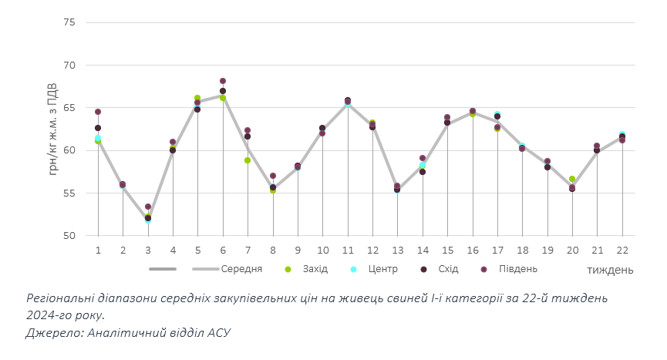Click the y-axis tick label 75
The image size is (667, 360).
(x=69, y=22)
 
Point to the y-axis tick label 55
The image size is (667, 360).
(x=69, y=193)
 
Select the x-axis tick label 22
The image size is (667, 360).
(x=622, y=251)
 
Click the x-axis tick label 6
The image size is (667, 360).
(x=223, y=251)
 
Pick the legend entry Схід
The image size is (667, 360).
(x=448, y=269)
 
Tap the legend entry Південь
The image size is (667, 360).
(x=518, y=269)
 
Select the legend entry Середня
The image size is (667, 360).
(x=241, y=269)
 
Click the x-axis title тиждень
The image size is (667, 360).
(x=610, y=270)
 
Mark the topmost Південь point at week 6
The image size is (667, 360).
(x=223, y=81)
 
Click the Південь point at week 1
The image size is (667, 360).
(x=98, y=112)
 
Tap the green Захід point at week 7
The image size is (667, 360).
(x=248, y=160)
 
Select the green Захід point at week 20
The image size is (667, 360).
(x=572, y=179)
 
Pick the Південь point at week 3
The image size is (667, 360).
(x=148, y=207)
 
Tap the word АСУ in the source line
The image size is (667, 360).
(x=217, y=332)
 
